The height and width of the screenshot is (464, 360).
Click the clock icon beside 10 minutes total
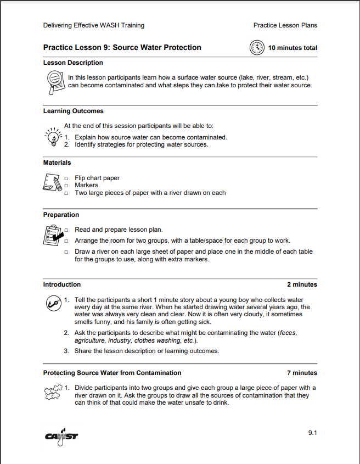(x=257, y=48)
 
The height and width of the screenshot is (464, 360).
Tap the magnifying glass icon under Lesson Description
(x=54, y=80)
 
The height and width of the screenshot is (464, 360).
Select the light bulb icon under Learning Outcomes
(x=52, y=136)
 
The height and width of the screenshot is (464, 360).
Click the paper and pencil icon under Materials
(x=52, y=183)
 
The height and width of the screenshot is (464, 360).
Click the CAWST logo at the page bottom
(x=61, y=437)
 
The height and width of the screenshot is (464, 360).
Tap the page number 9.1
(x=312, y=433)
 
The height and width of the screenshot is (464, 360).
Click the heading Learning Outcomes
(x=73, y=111)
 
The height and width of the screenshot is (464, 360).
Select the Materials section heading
(x=57, y=163)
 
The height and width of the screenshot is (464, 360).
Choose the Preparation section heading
(x=61, y=215)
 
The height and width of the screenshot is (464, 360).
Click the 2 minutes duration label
(x=302, y=284)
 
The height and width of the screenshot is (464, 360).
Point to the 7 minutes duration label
(x=302, y=373)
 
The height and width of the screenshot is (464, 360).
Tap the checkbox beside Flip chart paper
(x=66, y=178)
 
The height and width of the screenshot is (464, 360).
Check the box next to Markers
(x=66, y=186)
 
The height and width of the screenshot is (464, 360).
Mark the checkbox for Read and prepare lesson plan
(x=66, y=230)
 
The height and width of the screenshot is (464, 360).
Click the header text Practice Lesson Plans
(x=285, y=25)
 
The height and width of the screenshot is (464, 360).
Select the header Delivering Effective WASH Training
(x=94, y=25)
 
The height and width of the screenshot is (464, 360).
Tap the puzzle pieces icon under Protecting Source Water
(x=52, y=393)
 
